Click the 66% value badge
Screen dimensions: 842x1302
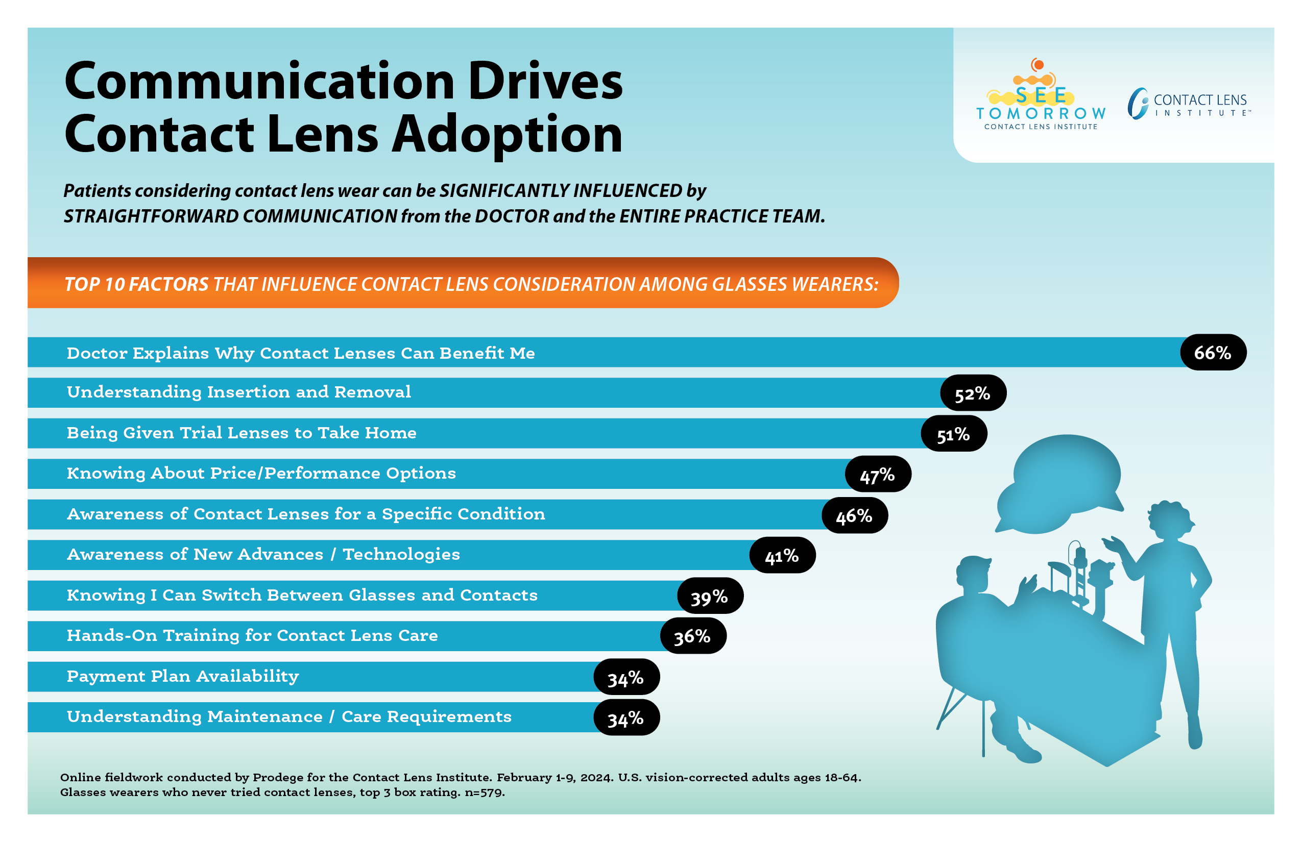pyautogui.click(x=1213, y=353)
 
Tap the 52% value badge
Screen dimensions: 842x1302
pyautogui.click(x=973, y=393)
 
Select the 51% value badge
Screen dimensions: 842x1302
pyautogui.click(x=954, y=434)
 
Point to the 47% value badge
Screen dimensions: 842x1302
pyautogui.click(x=878, y=475)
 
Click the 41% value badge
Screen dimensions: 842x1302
pyautogui.click(x=782, y=556)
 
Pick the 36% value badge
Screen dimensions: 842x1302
pyautogui.click(x=692, y=636)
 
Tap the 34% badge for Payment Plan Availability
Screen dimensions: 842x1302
pyautogui.click(x=626, y=678)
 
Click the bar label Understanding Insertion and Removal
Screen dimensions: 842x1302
pyautogui.click(x=238, y=392)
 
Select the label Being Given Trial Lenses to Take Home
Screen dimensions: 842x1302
pyautogui.click(x=241, y=433)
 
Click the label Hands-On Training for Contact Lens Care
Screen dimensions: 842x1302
pyautogui.click(x=252, y=635)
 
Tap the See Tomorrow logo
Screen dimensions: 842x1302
pyautogui.click(x=1041, y=96)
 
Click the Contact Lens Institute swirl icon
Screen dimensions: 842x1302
pyautogui.click(x=1138, y=103)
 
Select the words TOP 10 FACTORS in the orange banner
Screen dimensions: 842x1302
pyautogui.click(x=136, y=284)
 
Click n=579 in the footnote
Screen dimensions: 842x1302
pyautogui.click(x=485, y=792)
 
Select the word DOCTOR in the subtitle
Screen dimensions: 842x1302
pyautogui.click(x=512, y=216)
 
